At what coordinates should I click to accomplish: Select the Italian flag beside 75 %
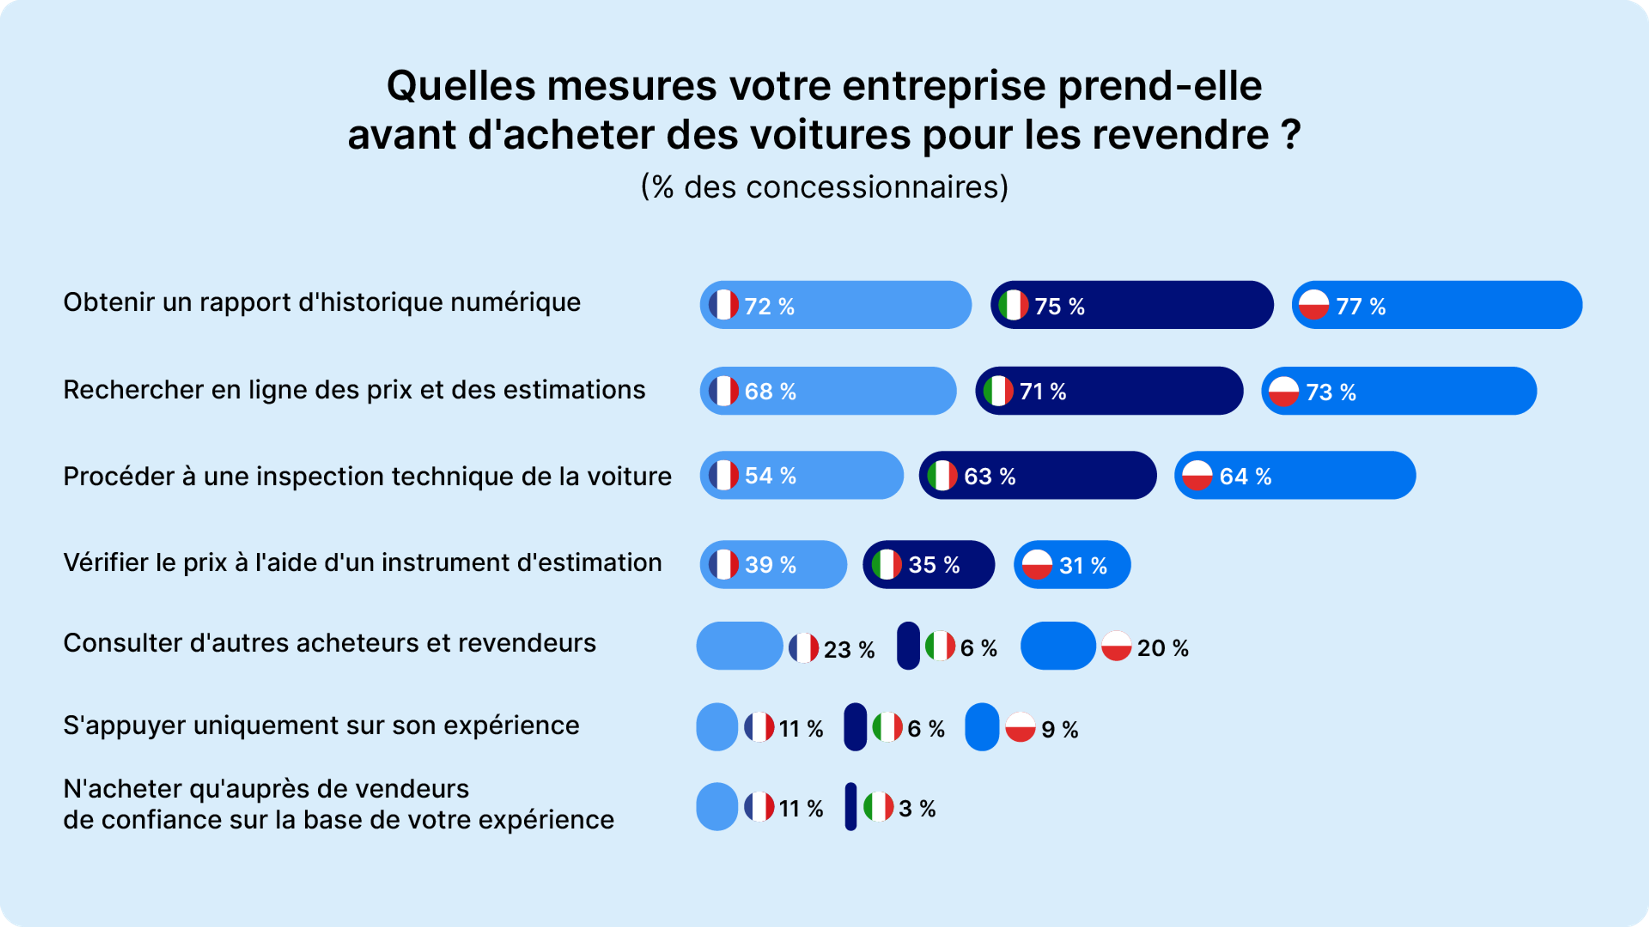pos(1013,305)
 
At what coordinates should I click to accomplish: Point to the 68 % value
pos(770,391)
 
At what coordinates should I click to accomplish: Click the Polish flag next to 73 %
pos(1284,391)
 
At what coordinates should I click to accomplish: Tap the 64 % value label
pos(1245,477)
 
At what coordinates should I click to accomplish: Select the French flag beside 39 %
pos(723,565)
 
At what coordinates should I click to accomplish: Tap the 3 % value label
pos(917,809)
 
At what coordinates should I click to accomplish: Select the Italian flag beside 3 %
pos(878,807)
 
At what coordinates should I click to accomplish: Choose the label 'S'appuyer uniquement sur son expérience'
pos(321,725)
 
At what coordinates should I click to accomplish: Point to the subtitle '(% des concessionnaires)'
pos(824,188)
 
